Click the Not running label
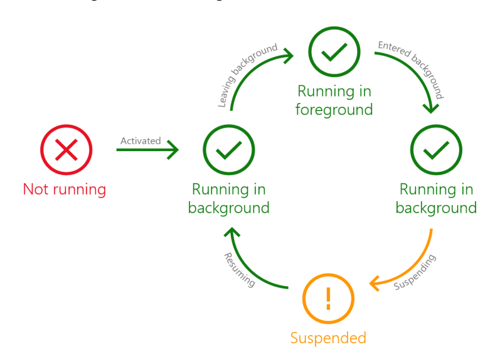(65, 189)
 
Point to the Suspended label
(328, 338)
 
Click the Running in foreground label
(334, 100)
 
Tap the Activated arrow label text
(141, 140)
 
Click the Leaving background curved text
(247, 75)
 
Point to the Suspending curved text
(415, 272)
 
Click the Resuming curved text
(240, 270)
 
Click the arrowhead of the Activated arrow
(174, 149)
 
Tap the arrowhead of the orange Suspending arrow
(375, 283)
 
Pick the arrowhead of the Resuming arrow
(232, 232)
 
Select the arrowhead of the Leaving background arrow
(289, 56)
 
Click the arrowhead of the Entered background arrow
(430, 109)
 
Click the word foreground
(334, 110)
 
